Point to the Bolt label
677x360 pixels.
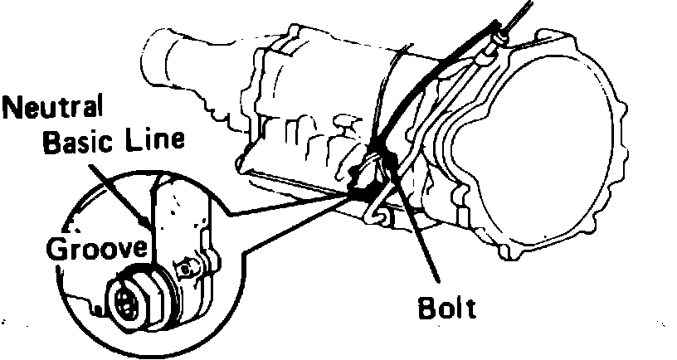coord(447,309)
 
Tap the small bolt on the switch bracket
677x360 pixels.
coord(188,267)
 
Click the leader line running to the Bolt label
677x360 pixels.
coord(419,241)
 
